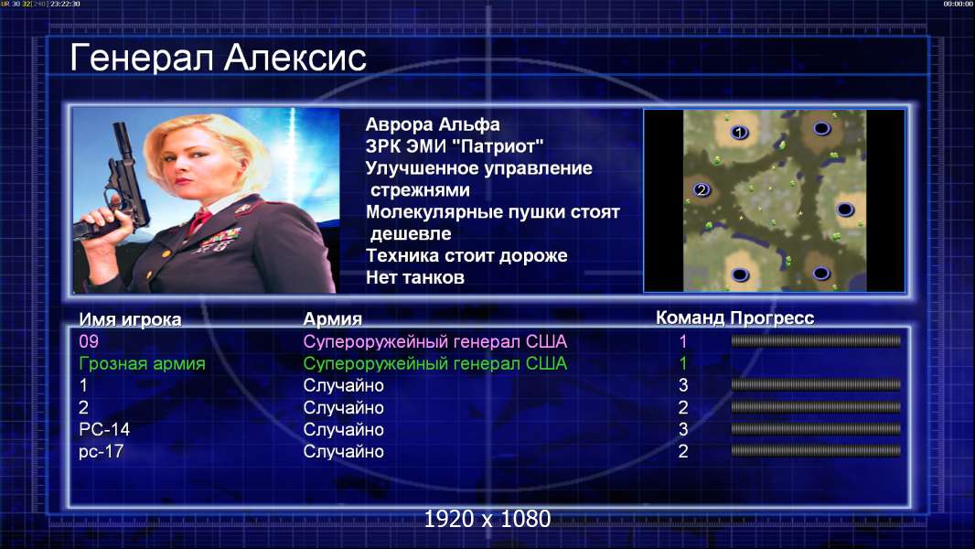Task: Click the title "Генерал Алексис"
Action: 218,58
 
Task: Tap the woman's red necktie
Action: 199,221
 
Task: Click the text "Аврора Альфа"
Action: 433,124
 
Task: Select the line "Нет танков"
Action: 415,277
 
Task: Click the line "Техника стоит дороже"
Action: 466,255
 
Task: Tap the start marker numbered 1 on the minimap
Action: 739,132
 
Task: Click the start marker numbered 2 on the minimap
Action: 702,189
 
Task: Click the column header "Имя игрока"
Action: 130,319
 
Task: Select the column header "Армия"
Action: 333,319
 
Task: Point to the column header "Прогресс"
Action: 772,318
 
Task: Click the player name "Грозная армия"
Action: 143,364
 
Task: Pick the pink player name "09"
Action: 89,341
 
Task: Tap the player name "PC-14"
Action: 104,430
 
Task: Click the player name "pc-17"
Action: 102,452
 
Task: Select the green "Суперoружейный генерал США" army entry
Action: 435,364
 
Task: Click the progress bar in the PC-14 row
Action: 816,429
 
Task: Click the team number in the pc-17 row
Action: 683,451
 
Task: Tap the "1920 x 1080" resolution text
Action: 487,519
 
